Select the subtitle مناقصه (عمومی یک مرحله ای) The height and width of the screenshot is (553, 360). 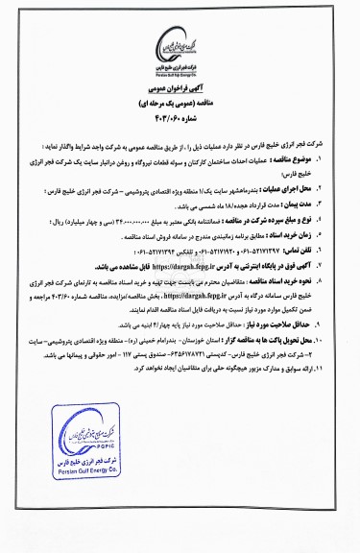pos(180,117)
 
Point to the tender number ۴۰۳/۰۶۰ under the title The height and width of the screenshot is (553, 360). pos(180,132)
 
